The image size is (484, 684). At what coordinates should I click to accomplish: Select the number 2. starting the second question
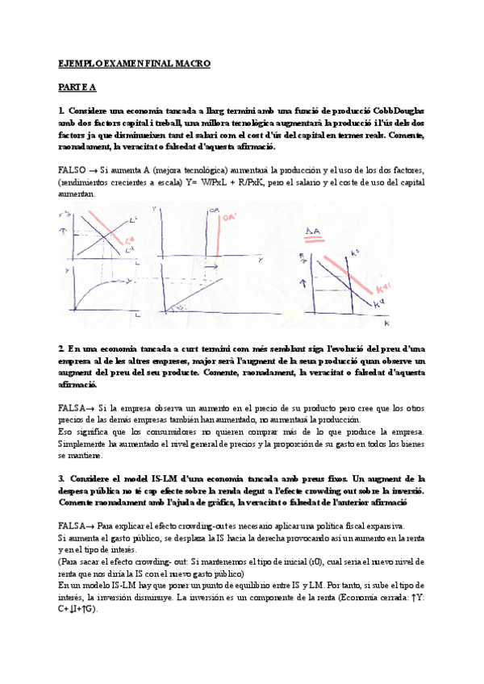pyautogui.click(x=61, y=348)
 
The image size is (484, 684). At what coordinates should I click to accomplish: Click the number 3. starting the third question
pyautogui.click(x=61, y=479)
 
